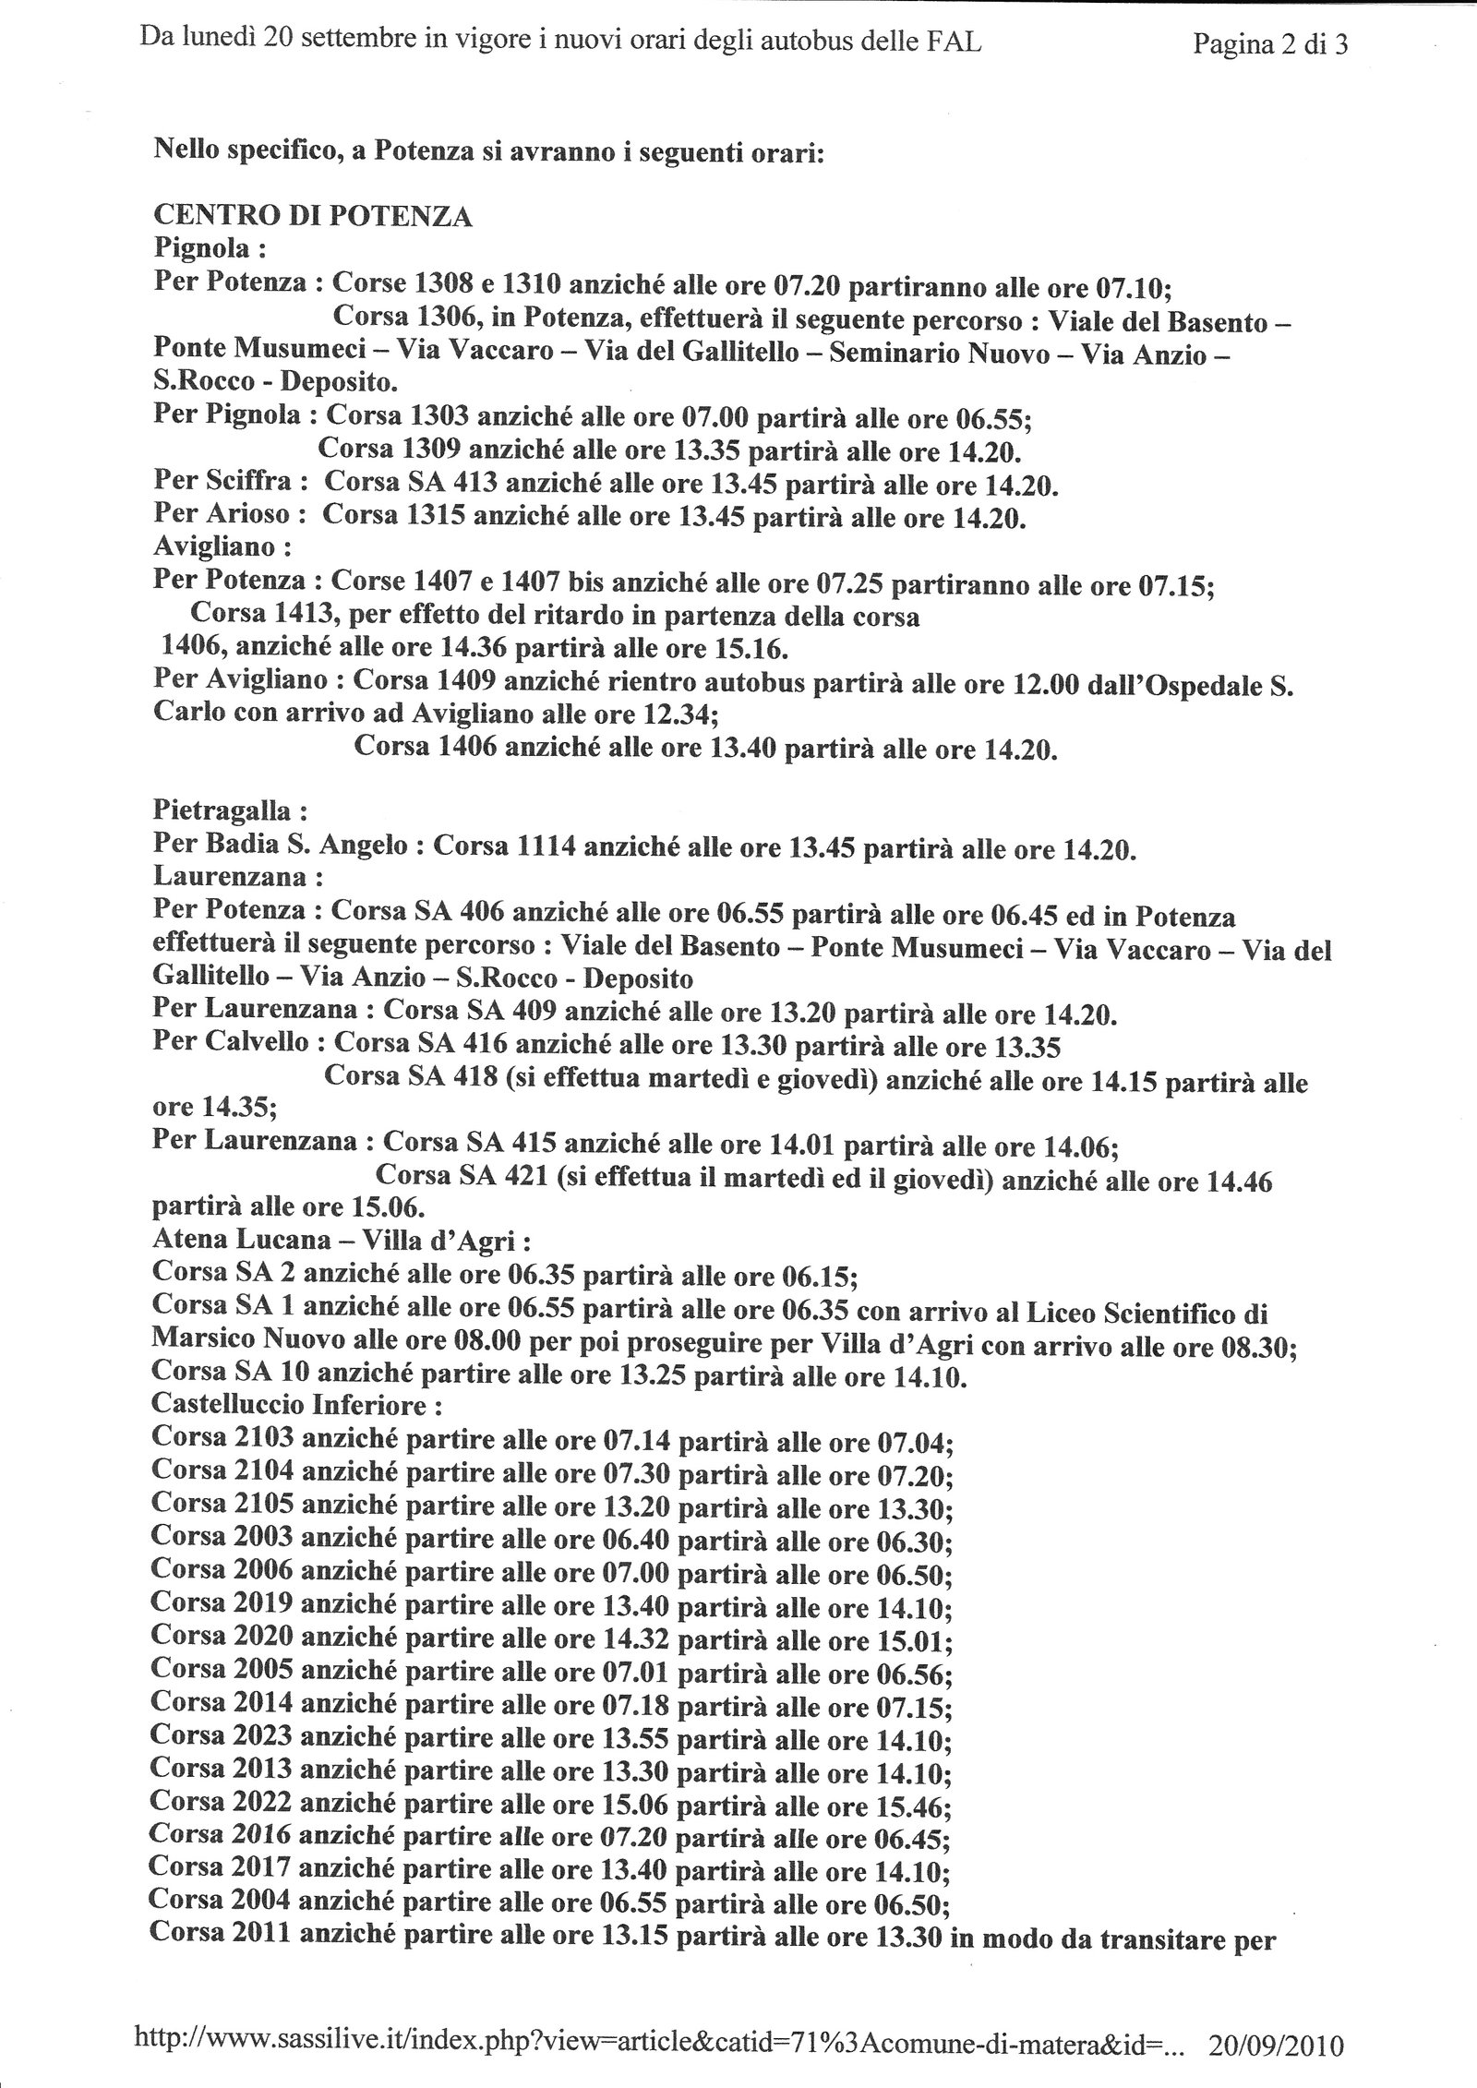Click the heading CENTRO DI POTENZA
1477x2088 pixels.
click(x=312, y=217)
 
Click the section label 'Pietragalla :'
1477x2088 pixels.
click(x=229, y=812)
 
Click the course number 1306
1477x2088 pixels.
click(x=449, y=317)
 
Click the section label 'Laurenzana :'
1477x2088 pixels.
click(x=224, y=879)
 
